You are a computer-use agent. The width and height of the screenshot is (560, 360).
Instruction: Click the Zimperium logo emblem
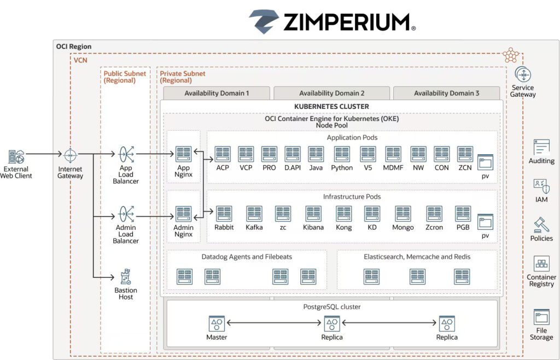coord(264,21)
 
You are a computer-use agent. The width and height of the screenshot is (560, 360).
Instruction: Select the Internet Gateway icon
coord(71,155)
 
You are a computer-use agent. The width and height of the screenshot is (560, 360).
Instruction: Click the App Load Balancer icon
coord(126,154)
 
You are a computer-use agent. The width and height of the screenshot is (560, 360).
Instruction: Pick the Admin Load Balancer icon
coord(126,213)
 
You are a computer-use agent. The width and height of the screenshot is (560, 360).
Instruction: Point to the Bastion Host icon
coord(126,276)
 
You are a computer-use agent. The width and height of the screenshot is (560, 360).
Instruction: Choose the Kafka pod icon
coord(254,213)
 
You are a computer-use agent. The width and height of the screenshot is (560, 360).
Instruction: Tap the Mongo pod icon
coord(403,213)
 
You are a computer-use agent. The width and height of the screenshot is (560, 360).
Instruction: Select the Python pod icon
coord(342,154)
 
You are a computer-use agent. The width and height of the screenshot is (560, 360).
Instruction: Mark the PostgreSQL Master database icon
coord(217,323)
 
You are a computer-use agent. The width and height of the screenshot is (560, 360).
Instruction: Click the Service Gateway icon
coord(523,75)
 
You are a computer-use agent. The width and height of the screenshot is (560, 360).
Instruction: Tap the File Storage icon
coord(541,317)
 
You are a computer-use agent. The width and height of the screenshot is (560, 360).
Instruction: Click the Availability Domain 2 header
coord(331,93)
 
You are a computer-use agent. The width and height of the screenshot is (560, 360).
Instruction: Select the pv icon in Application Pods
coord(485,162)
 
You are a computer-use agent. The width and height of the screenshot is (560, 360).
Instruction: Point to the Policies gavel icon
coord(541,225)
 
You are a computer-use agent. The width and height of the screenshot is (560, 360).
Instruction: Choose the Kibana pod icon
coord(313,213)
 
